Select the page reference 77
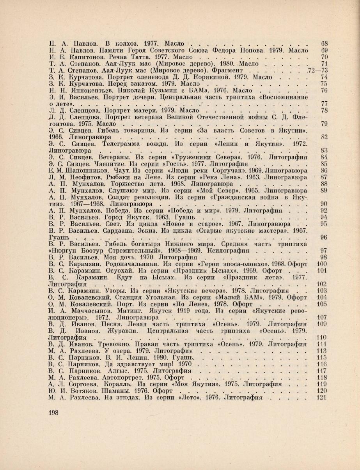(x=323, y=104)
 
